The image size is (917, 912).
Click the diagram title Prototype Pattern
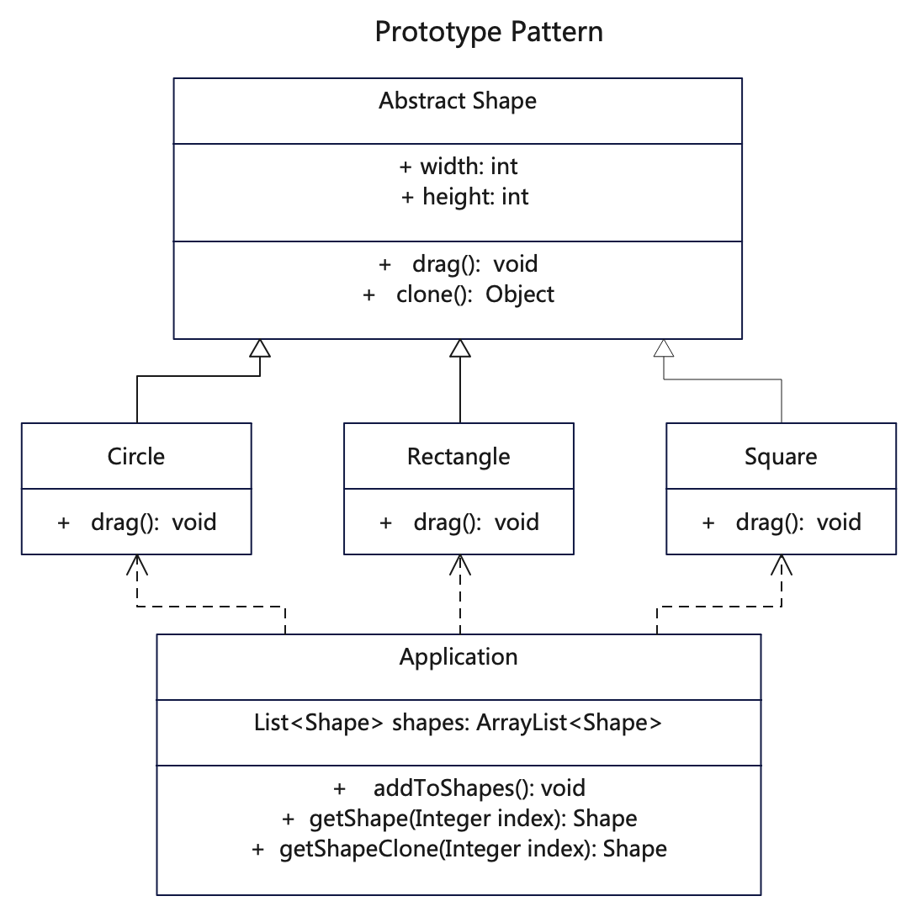tap(488, 32)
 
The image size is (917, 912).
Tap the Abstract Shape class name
tap(458, 101)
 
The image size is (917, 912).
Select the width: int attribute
tap(458, 167)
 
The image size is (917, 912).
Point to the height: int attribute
tap(465, 197)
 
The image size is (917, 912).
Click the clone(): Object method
tap(458, 294)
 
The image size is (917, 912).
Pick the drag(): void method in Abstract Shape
tap(458, 264)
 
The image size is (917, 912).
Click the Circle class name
tap(136, 456)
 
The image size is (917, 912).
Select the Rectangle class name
tap(458, 457)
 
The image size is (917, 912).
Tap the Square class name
tap(781, 457)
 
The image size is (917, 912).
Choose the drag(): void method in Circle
tap(137, 522)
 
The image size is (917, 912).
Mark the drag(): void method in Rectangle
tap(459, 522)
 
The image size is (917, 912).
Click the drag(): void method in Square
tap(782, 522)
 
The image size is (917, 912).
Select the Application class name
tap(458, 657)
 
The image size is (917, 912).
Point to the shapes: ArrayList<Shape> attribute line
tap(458, 723)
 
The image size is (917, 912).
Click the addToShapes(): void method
tap(459, 788)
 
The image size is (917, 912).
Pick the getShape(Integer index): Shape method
tap(459, 819)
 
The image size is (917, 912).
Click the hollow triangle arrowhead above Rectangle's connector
tap(460, 348)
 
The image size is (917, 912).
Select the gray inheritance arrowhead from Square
tap(664, 348)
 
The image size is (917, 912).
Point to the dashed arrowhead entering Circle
tap(137, 565)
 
